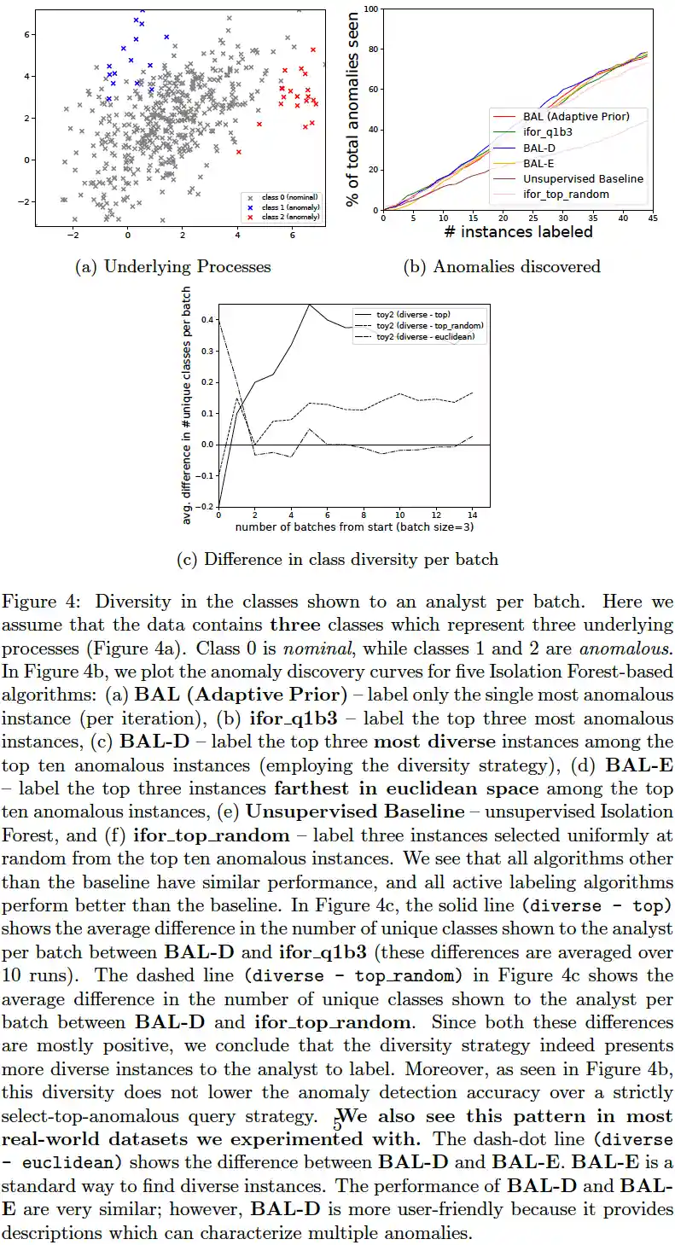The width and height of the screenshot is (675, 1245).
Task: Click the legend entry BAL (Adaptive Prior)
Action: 576,117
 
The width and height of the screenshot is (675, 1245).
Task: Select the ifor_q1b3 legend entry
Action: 552,132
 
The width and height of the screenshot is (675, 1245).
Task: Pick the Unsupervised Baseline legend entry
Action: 583,179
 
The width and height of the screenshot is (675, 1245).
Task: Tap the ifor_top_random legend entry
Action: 566,195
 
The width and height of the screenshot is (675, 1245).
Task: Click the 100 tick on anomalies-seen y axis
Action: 370,9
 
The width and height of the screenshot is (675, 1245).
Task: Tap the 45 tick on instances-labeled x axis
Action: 652,218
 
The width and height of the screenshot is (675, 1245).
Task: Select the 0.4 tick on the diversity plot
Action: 206,319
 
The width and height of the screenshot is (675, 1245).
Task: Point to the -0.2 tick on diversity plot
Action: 204,507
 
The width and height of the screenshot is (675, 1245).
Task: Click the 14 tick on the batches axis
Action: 472,516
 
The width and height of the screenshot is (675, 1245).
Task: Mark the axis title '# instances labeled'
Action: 518,232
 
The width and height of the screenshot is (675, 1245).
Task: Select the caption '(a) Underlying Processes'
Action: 173,267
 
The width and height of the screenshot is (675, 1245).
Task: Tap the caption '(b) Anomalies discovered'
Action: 501,267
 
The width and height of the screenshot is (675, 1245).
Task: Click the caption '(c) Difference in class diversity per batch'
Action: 337,561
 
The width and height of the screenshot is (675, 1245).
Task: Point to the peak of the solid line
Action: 309,305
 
